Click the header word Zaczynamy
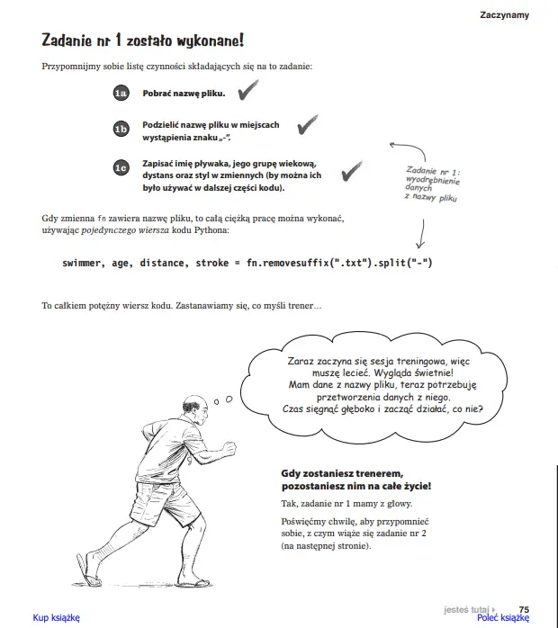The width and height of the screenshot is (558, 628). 504,14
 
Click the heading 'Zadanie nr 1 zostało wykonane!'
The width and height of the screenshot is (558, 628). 142,40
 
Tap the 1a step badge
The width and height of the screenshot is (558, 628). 121,93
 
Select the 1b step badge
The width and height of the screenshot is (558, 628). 121,130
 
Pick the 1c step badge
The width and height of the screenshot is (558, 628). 121,167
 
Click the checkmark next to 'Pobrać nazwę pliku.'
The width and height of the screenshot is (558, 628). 247,90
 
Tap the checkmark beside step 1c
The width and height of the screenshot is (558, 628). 352,168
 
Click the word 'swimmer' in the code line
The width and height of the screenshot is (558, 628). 84,263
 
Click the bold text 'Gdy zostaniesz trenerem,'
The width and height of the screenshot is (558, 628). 342,473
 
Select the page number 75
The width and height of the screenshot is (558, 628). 524,608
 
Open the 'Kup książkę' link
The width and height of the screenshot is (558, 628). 57,618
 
